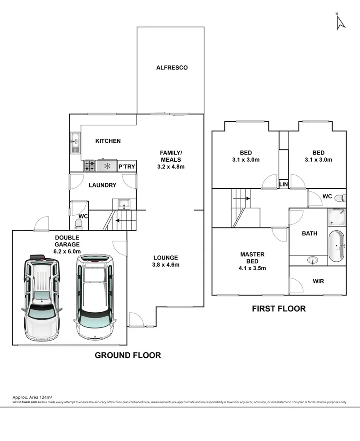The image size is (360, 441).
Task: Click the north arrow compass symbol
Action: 340,22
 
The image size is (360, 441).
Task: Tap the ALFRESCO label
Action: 172,68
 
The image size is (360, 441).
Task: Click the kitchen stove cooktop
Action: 89,166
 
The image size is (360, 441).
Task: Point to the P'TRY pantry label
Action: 126,167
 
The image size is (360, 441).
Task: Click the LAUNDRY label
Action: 102,185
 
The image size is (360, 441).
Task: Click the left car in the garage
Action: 41,297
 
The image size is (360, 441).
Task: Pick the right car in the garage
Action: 95,297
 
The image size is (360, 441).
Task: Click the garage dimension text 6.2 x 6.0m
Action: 67,251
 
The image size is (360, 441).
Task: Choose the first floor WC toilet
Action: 342,198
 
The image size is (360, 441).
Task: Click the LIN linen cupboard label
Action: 283,184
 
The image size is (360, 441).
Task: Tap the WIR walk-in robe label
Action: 318,281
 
